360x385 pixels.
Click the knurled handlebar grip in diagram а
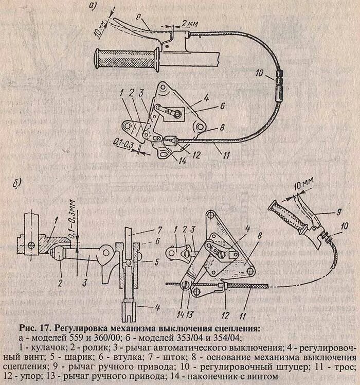126,59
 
